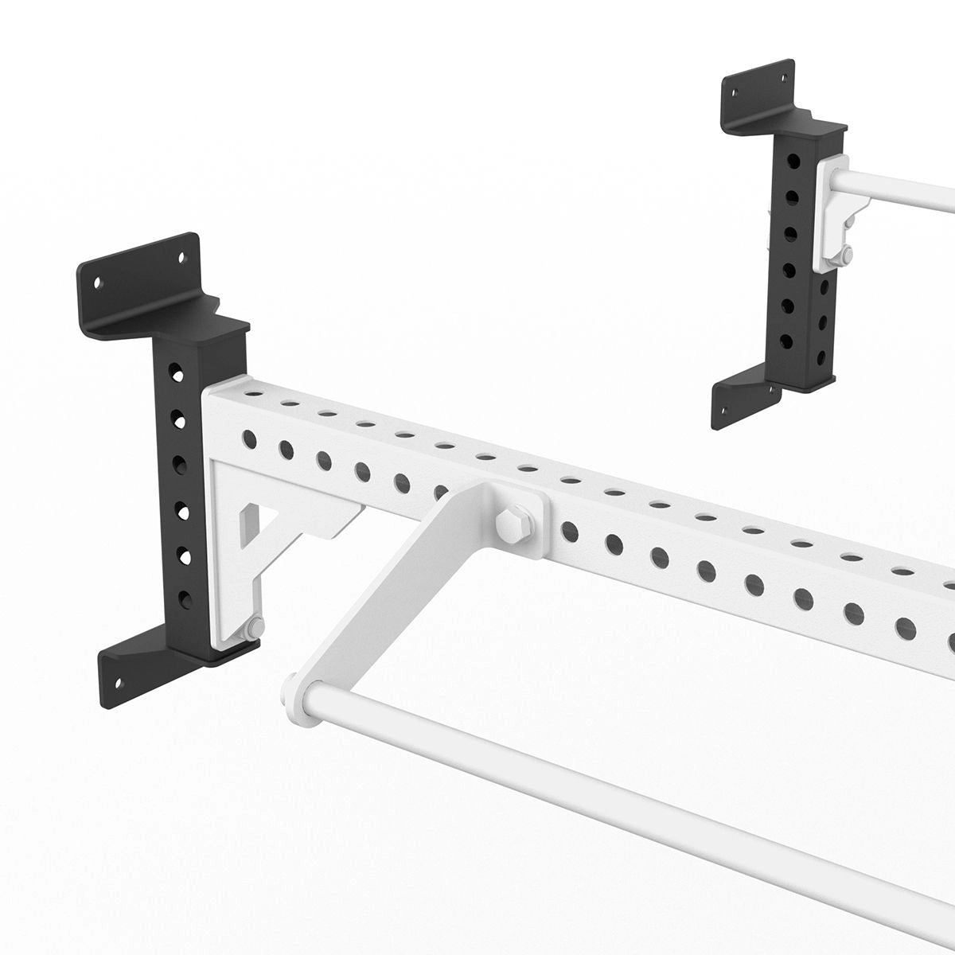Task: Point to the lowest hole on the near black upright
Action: click(185, 596)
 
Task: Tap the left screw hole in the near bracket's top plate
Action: click(99, 283)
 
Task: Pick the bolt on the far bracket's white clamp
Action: click(845, 255)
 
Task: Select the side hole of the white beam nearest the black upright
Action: click(249, 438)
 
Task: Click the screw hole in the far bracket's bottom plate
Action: click(725, 411)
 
